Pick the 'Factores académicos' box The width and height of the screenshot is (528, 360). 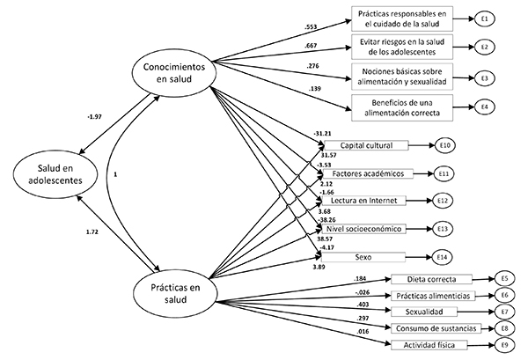click(x=363, y=173)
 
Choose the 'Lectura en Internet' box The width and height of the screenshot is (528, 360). click(x=363, y=202)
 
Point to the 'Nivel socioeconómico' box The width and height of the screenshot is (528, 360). click(x=363, y=230)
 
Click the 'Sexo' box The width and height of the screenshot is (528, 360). click(x=363, y=258)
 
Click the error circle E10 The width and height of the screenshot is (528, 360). click(x=446, y=145)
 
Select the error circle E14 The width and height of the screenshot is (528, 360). click(x=446, y=258)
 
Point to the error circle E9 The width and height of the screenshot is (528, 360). click(x=506, y=345)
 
